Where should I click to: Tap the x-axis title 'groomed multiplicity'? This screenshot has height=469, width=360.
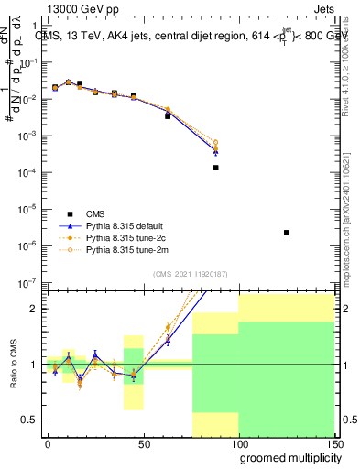287,457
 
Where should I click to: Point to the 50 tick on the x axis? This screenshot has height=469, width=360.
143,443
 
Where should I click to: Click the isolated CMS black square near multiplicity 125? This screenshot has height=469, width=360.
287,233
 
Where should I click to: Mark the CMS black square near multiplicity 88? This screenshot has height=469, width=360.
215,168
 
